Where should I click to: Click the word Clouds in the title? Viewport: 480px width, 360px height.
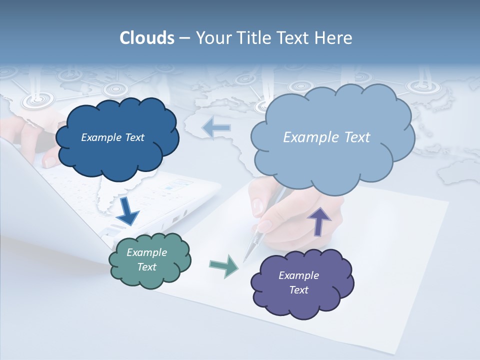click(x=146, y=38)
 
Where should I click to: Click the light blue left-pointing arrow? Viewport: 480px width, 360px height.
click(x=216, y=128)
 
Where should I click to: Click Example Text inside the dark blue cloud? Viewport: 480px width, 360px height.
click(x=112, y=137)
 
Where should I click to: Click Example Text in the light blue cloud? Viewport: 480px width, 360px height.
click(x=326, y=137)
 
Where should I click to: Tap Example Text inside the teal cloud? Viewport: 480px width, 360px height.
click(x=147, y=259)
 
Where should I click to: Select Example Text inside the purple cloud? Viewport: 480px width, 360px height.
click(x=298, y=282)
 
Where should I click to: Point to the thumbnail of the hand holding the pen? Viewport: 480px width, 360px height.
click(x=258, y=205)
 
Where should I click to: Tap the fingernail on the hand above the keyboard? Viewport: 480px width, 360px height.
click(x=50, y=161)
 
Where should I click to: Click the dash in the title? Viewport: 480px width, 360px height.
click(x=184, y=38)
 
